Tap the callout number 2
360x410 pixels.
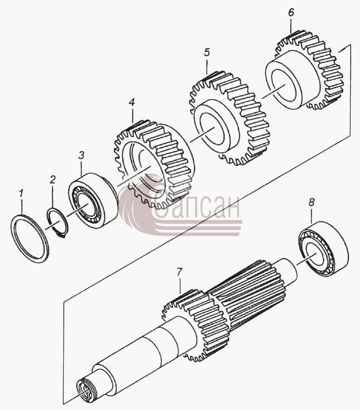52,179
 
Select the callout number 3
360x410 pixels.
81,155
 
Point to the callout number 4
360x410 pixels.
132,102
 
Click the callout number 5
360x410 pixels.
207,52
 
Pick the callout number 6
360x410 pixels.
291,12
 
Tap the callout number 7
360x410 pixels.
179,272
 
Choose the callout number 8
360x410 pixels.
311,202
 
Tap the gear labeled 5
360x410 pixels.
229,118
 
